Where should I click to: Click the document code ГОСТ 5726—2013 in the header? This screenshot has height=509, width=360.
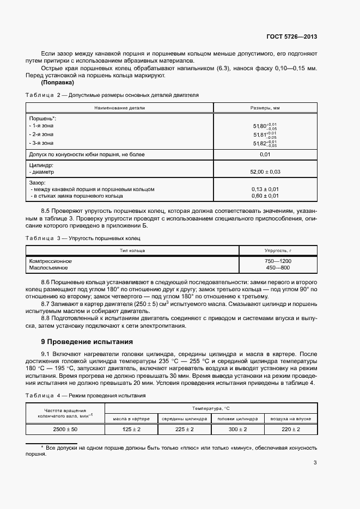[291, 36]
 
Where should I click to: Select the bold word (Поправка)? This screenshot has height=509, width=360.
[58, 83]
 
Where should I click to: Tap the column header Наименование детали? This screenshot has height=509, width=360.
[119, 108]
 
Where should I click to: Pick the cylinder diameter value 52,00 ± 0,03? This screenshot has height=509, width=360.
[265, 171]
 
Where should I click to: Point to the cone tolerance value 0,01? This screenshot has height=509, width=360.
[265, 155]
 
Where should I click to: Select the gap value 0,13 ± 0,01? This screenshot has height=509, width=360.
[265, 189]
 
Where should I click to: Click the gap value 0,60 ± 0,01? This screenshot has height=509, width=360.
[265, 195]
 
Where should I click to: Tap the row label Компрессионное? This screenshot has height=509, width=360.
[50, 261]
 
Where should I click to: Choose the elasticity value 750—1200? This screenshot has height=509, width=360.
[278, 261]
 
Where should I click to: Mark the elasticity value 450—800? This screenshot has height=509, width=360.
[278, 268]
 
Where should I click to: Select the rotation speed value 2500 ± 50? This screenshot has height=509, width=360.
[65, 430]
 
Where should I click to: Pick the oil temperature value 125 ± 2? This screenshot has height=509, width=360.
[131, 430]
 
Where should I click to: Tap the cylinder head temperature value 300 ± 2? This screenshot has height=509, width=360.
[237, 430]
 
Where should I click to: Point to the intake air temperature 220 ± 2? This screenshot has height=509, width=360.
[290, 430]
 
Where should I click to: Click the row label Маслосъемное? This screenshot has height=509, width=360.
[48, 268]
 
